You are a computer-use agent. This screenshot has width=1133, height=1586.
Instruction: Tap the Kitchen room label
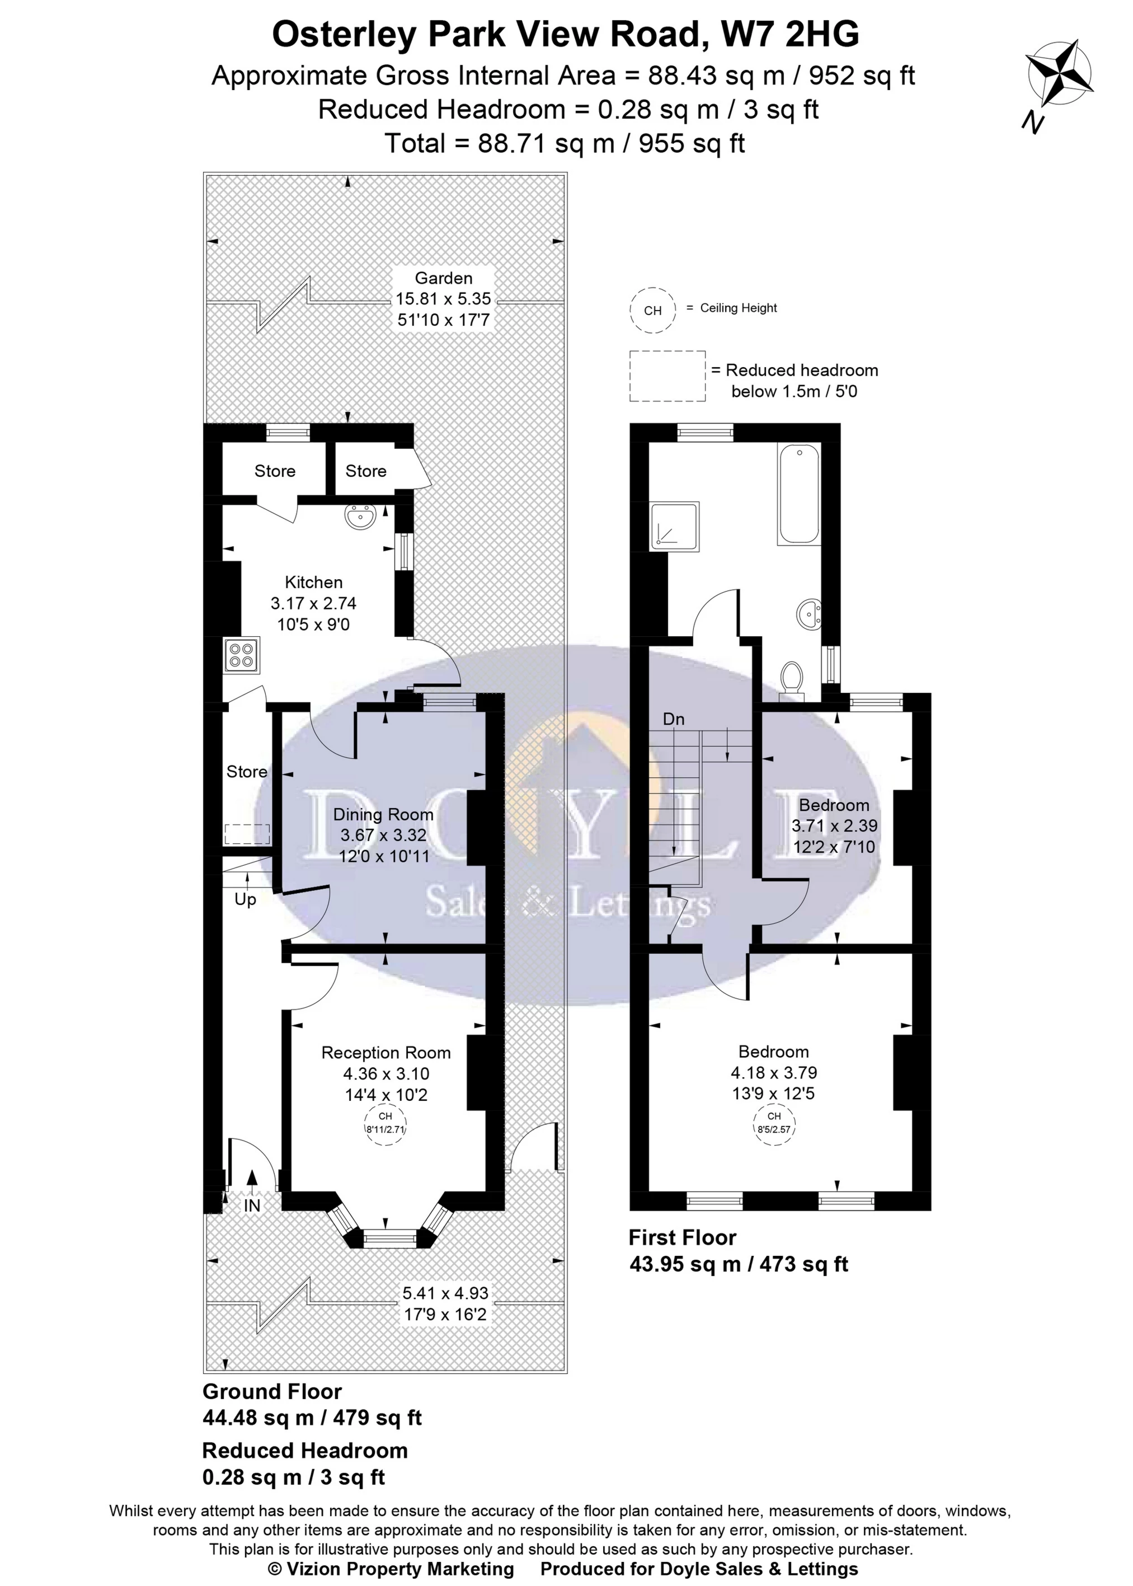click(x=313, y=582)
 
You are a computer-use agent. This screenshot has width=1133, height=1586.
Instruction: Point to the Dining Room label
click(x=383, y=814)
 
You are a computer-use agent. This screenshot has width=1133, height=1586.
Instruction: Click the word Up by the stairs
click(x=245, y=899)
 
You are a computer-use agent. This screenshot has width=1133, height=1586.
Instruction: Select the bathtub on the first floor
click(x=800, y=494)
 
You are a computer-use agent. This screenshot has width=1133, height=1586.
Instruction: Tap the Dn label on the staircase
click(x=673, y=719)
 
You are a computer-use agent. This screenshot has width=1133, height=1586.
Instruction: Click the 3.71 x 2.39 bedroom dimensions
click(x=834, y=825)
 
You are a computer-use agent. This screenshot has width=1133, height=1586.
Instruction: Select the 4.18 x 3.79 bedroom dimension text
click(x=774, y=1072)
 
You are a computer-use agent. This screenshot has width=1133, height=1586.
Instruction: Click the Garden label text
click(x=443, y=278)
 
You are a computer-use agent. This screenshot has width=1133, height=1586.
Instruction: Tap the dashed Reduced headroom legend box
click(x=667, y=376)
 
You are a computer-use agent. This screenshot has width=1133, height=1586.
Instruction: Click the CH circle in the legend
click(x=653, y=310)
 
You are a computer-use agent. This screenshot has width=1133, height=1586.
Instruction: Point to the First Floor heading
click(x=681, y=1237)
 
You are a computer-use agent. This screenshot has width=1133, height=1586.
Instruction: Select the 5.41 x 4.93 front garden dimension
click(x=445, y=1293)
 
